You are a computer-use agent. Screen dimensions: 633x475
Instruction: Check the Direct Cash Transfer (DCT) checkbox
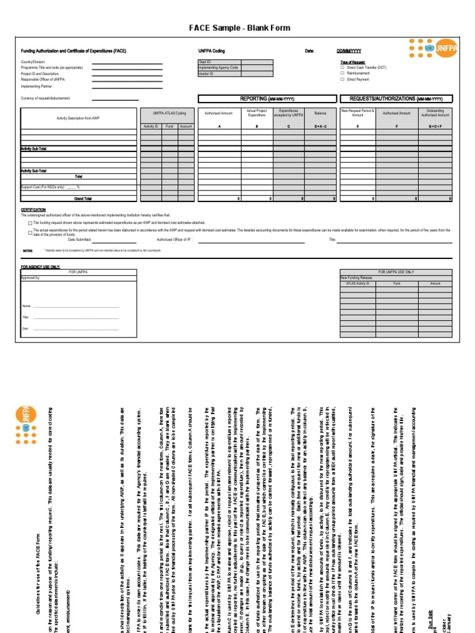coord(343,68)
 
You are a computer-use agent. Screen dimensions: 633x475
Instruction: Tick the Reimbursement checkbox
coord(343,74)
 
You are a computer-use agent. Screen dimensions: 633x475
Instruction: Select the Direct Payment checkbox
coord(343,80)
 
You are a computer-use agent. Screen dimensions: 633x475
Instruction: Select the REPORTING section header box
coord(267,99)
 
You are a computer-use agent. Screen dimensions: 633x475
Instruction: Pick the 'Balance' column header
coord(320,114)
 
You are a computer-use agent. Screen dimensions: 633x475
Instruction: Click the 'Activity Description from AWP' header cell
coord(77,117)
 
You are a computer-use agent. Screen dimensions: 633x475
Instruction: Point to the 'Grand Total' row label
coord(83,199)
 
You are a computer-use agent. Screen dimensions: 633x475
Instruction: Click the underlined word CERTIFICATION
coord(33,210)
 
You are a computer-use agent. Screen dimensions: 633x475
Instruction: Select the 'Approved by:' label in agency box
coord(30,278)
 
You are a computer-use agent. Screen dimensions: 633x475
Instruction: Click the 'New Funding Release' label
coord(357,278)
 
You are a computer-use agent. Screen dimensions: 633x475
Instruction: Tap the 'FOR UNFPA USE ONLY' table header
coord(396,272)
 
